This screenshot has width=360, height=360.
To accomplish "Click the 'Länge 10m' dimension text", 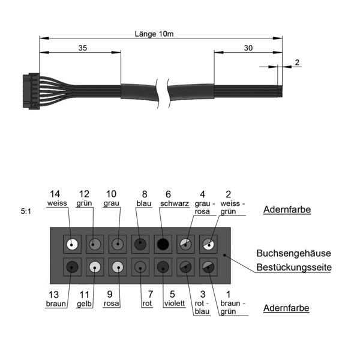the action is click(154, 34).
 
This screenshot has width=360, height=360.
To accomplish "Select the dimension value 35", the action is click(83, 48).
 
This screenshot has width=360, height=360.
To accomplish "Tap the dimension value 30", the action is click(248, 48).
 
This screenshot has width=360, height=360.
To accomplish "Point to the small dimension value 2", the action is click(297, 62).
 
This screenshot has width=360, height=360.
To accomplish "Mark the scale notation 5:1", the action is click(26, 211).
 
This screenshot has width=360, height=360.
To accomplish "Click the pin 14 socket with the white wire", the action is click(73, 244).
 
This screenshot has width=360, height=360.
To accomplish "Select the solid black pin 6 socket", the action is click(163, 244).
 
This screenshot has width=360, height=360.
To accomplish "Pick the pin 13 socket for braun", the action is click(73, 267).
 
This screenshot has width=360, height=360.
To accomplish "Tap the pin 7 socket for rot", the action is click(140, 267).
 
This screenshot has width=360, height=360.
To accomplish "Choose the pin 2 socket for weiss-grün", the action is click(208, 244).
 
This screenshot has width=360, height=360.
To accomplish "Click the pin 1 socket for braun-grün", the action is click(208, 267).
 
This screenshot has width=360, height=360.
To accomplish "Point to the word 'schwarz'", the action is click(175, 203).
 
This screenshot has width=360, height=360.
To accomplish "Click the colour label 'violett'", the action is click(175, 303).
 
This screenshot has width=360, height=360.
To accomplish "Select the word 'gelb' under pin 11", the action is click(84, 304).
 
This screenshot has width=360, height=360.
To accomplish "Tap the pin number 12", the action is click(84, 194).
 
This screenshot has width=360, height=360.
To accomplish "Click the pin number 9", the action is click(110, 294).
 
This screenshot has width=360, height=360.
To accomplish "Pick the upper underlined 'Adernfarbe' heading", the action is click(287, 209).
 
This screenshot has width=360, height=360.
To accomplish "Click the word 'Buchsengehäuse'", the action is click(293, 253).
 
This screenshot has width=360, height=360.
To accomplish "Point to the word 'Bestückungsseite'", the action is click(294, 267).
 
